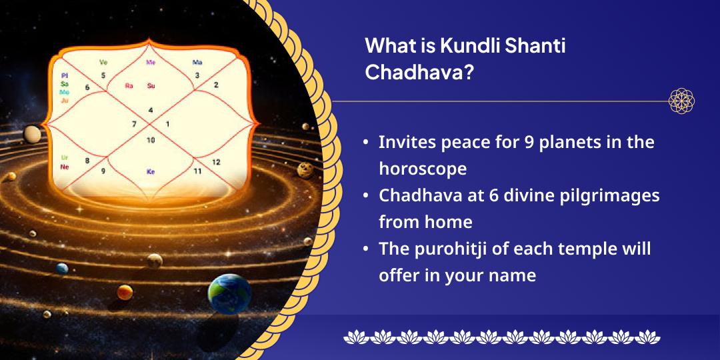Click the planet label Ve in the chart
[x=103, y=62]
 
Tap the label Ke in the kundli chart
[x=151, y=171]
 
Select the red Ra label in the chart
[x=129, y=85]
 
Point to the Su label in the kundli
[x=151, y=85]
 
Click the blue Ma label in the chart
[x=197, y=62]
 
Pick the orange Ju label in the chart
[x=65, y=100]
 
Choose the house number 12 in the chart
[x=216, y=162]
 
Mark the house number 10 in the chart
[x=151, y=140]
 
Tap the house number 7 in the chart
[x=134, y=124]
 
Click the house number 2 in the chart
[x=216, y=85]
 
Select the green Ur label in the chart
[x=64, y=158]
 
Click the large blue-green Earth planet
[x=229, y=293]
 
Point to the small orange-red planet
[x=125, y=292]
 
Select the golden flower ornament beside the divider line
[x=682, y=101]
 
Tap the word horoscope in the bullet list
[x=423, y=169]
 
